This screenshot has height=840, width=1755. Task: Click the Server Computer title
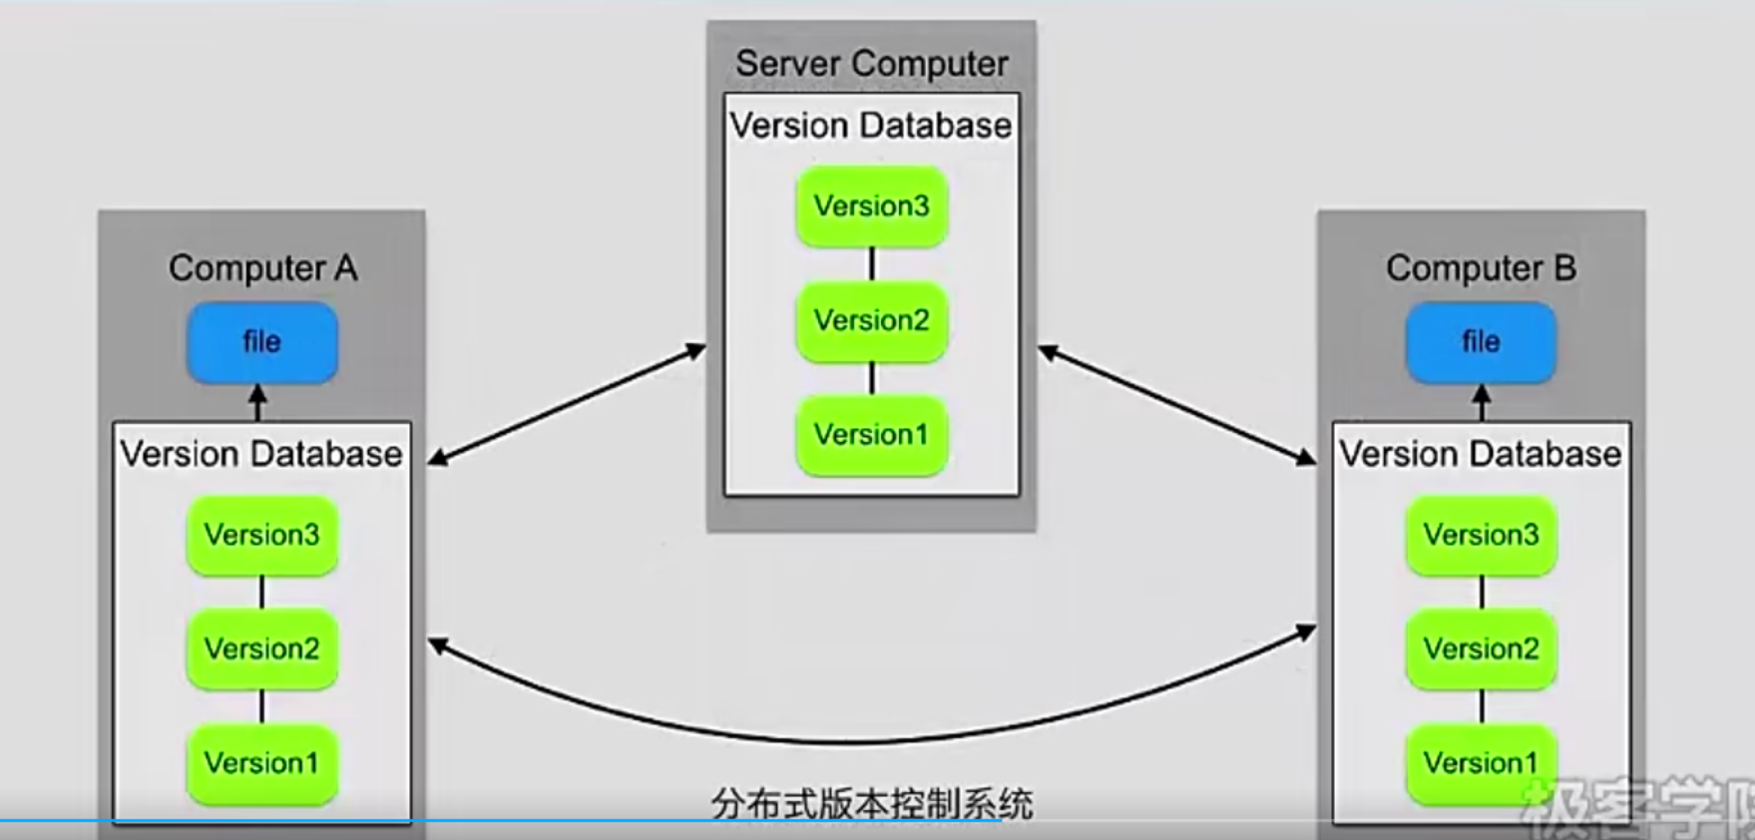[x=871, y=64]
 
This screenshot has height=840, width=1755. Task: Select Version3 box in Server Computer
[x=871, y=207]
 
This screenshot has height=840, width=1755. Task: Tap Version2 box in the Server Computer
[x=871, y=321]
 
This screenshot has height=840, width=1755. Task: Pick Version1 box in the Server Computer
[x=871, y=435]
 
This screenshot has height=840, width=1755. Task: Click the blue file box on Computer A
[x=261, y=342]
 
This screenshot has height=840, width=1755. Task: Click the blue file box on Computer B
[x=1481, y=342]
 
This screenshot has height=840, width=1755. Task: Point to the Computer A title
[x=262, y=268]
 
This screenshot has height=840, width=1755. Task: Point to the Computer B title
[x=1481, y=268]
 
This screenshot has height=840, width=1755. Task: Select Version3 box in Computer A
[x=261, y=535]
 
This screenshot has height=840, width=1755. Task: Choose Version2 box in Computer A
[x=261, y=649]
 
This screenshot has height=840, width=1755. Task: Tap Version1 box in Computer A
[x=261, y=764]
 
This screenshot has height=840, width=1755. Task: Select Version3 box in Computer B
[x=1481, y=535]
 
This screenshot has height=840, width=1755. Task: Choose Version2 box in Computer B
[x=1481, y=649]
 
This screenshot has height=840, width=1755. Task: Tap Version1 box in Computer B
[x=1481, y=764]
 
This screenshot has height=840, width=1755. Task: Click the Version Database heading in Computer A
[x=261, y=455]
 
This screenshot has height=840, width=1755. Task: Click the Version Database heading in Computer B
[x=1481, y=455]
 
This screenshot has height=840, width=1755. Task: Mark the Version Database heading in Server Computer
[x=871, y=127]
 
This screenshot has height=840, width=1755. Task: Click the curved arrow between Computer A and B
[x=871, y=741]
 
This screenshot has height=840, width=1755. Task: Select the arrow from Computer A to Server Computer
[x=567, y=404]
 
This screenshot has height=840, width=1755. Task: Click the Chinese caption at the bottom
[x=871, y=804]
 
